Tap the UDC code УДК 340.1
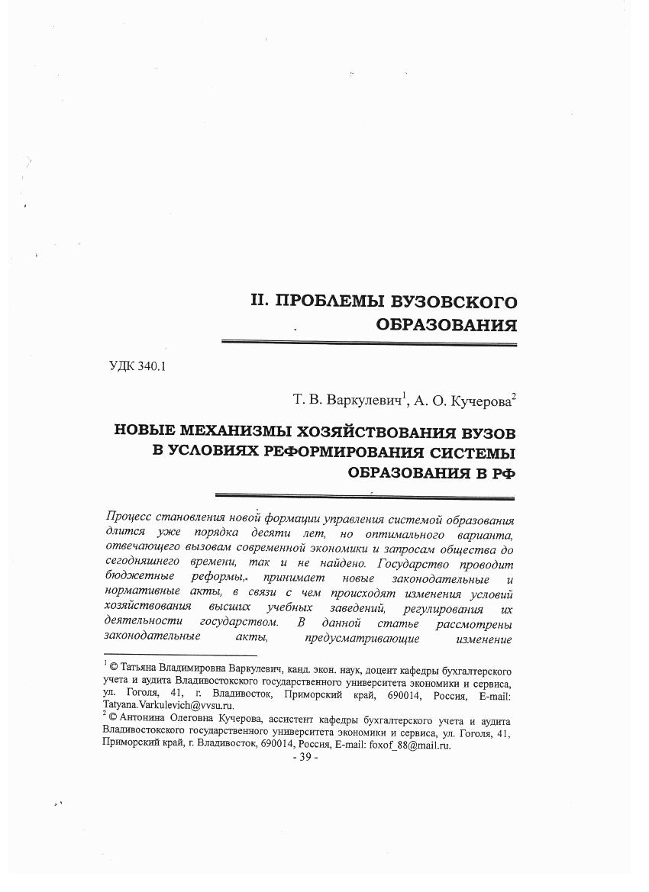tap(138, 365)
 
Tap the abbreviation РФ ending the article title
tap(500, 472)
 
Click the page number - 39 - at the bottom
tap(305, 757)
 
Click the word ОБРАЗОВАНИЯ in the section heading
tap(447, 325)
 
